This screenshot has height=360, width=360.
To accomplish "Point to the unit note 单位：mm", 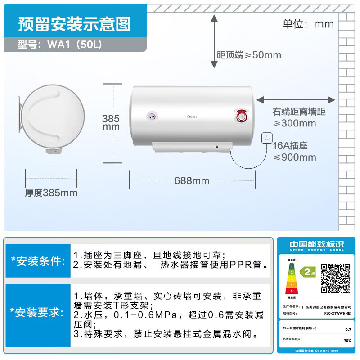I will tap(308, 24).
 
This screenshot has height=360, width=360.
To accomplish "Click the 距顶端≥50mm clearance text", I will tap(249, 55).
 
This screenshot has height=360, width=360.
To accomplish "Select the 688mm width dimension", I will tap(192, 181).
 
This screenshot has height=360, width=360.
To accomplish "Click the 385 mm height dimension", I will tap(111, 122).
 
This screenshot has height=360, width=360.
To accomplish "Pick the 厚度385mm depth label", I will tap(51, 193).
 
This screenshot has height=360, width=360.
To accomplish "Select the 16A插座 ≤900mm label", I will tap(295, 152).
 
